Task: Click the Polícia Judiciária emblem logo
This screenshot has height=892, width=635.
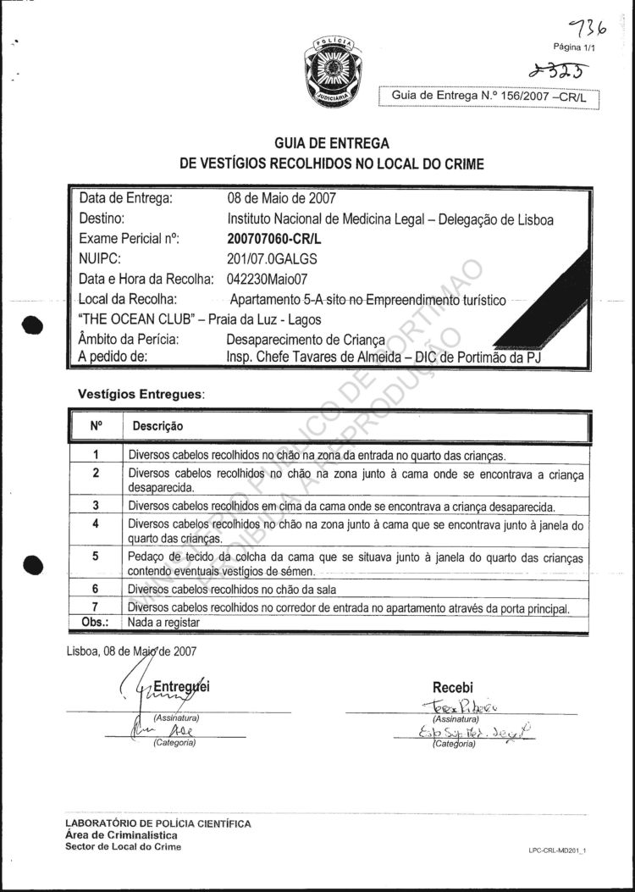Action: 332,71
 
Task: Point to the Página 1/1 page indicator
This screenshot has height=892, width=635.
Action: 575,48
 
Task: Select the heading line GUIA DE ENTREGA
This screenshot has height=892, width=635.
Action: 332,145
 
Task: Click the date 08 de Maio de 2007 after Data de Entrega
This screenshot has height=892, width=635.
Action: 281,199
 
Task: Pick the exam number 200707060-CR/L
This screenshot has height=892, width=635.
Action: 275,239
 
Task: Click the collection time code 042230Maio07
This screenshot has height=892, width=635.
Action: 270,279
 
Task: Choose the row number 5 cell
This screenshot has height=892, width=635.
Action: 96,557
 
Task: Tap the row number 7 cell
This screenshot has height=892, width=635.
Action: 96,608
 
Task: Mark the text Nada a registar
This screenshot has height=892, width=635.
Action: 163,623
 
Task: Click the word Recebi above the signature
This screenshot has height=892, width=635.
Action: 453,687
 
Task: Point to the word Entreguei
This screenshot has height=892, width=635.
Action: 179,687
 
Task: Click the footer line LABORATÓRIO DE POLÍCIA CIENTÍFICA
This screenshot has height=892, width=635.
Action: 157,823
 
